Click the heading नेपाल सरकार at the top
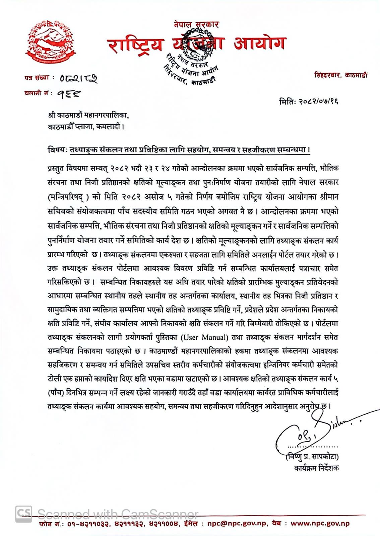196,24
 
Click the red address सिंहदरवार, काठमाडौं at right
340,75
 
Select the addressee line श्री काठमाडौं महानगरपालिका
88,116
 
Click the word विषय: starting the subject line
58,150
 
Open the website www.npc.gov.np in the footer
320,524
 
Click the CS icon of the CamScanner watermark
24,514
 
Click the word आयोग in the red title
259,44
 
